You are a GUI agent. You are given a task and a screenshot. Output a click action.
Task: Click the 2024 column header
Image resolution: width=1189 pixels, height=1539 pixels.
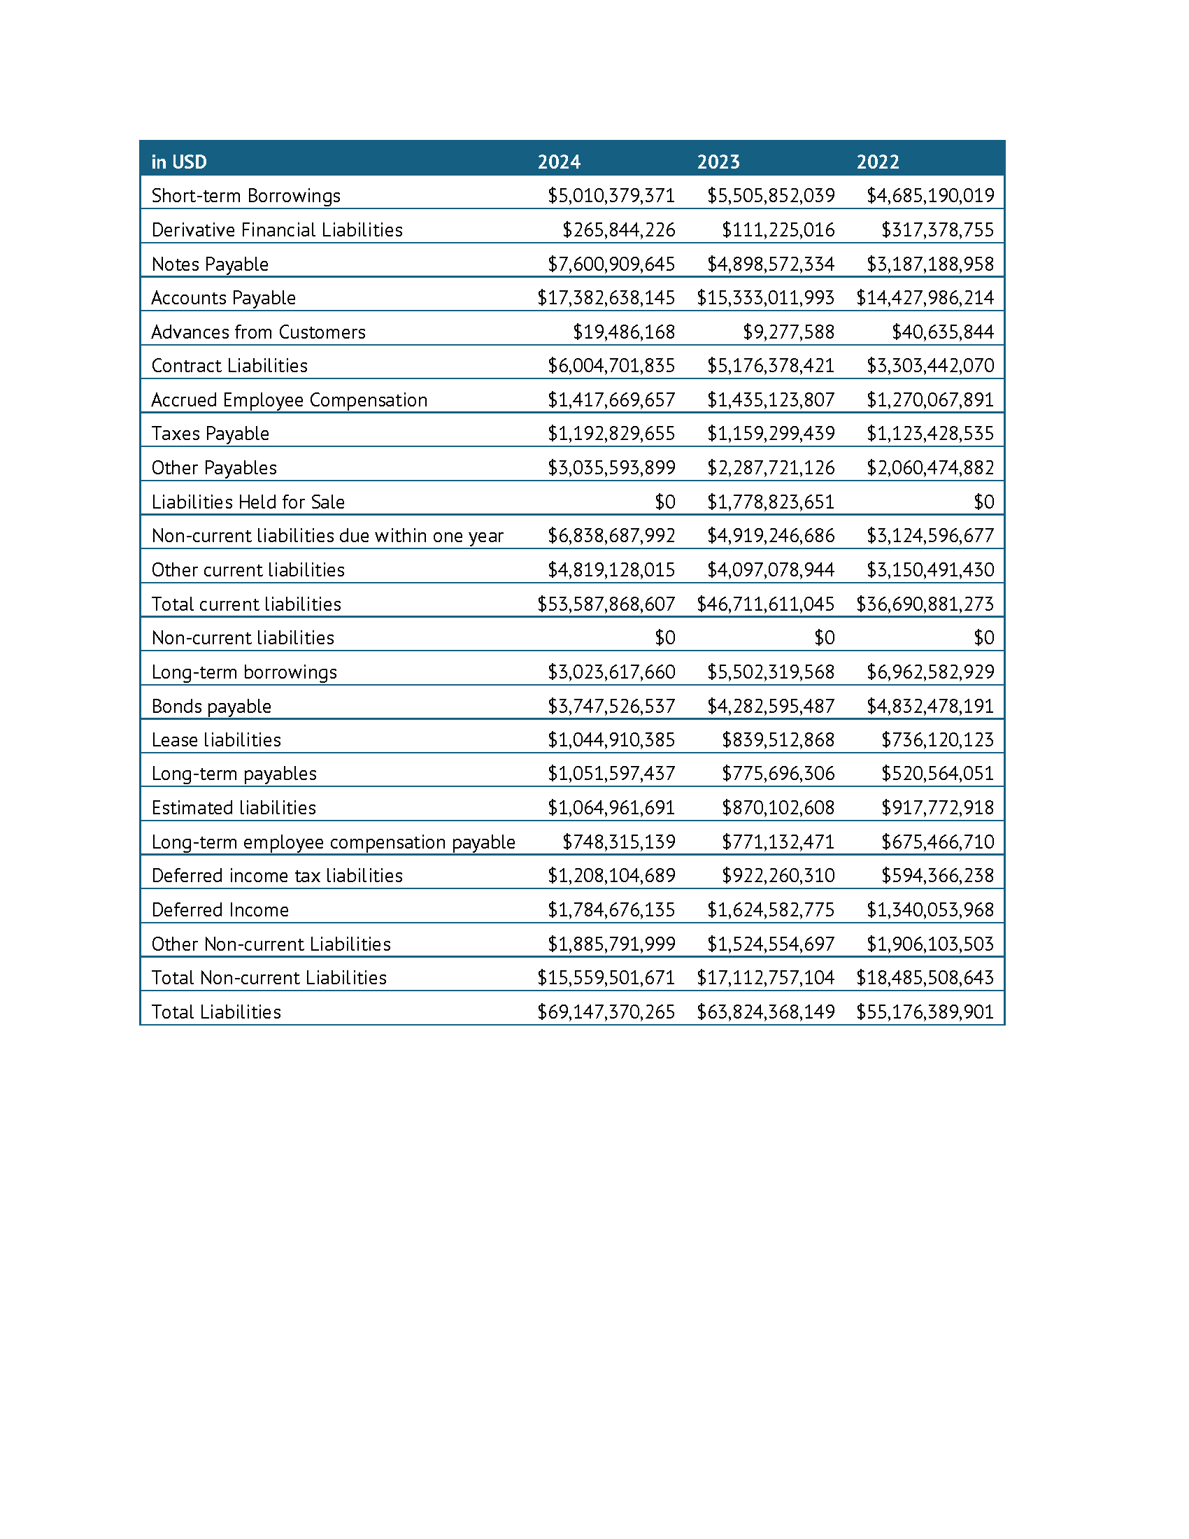click(559, 162)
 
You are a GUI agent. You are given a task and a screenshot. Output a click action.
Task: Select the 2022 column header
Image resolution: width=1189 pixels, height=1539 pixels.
click(877, 162)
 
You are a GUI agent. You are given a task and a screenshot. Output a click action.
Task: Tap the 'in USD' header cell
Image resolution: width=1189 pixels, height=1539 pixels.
click(179, 162)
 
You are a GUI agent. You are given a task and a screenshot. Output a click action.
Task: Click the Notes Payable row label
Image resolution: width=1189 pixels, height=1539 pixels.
click(210, 264)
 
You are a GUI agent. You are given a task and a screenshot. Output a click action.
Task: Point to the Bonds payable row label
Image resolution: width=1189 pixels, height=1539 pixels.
click(211, 706)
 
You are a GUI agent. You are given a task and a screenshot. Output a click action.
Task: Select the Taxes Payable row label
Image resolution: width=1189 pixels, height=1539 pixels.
click(210, 434)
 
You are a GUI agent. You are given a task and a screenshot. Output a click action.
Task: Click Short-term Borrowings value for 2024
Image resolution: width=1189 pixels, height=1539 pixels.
click(611, 196)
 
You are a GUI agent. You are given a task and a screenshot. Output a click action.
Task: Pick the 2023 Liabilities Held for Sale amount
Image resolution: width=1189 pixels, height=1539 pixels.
click(771, 502)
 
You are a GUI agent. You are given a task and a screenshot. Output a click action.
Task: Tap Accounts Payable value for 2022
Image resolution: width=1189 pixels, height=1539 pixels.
click(924, 298)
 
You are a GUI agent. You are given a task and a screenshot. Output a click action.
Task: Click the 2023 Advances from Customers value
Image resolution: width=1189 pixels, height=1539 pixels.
click(788, 332)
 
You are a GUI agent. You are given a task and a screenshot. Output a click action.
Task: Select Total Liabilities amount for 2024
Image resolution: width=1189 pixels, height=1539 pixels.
click(606, 1012)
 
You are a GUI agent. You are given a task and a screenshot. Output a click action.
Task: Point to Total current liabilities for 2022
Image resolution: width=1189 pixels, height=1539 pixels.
click(924, 604)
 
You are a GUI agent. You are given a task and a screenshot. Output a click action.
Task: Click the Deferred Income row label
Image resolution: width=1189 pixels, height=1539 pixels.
click(220, 909)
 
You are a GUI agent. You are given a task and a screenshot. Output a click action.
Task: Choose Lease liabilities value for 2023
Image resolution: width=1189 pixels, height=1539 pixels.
click(778, 740)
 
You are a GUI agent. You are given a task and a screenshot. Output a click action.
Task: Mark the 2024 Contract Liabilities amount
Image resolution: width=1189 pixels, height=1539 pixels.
click(611, 366)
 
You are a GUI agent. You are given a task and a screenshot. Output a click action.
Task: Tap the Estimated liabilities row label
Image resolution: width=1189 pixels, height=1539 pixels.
click(234, 807)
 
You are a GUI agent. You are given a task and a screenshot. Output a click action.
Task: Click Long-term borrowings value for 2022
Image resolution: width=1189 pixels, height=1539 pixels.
click(930, 672)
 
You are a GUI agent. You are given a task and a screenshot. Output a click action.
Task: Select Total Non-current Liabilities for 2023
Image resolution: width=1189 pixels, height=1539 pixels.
click(765, 977)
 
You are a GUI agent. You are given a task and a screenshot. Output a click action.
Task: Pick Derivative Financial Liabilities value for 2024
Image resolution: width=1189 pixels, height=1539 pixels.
click(618, 230)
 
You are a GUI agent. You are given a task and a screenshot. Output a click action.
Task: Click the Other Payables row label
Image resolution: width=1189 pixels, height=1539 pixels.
click(214, 468)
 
